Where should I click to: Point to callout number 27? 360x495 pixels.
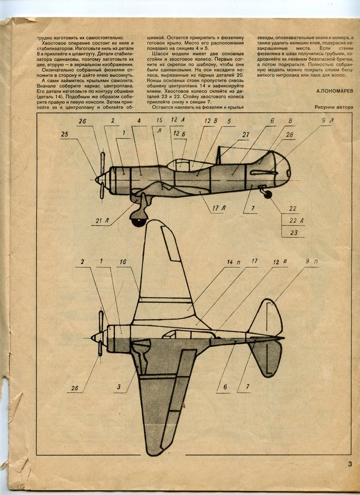246,135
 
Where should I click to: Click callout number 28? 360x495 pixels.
290,135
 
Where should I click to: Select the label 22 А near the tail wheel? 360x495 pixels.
294,221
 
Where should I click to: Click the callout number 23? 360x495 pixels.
294,232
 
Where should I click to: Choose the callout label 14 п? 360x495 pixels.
233,262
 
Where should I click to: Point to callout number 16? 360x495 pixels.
122,262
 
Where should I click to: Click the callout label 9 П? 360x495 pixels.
312,262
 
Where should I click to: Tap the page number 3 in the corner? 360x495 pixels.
349,465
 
